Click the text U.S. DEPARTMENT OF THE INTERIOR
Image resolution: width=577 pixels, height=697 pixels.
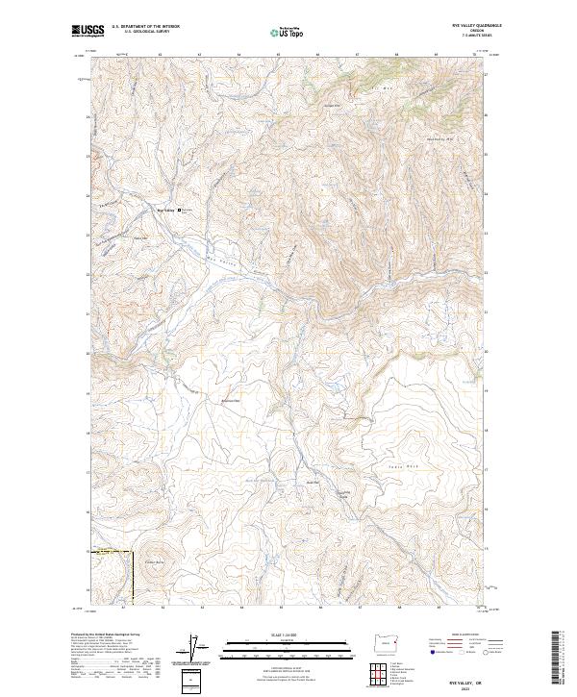click(144, 27)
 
